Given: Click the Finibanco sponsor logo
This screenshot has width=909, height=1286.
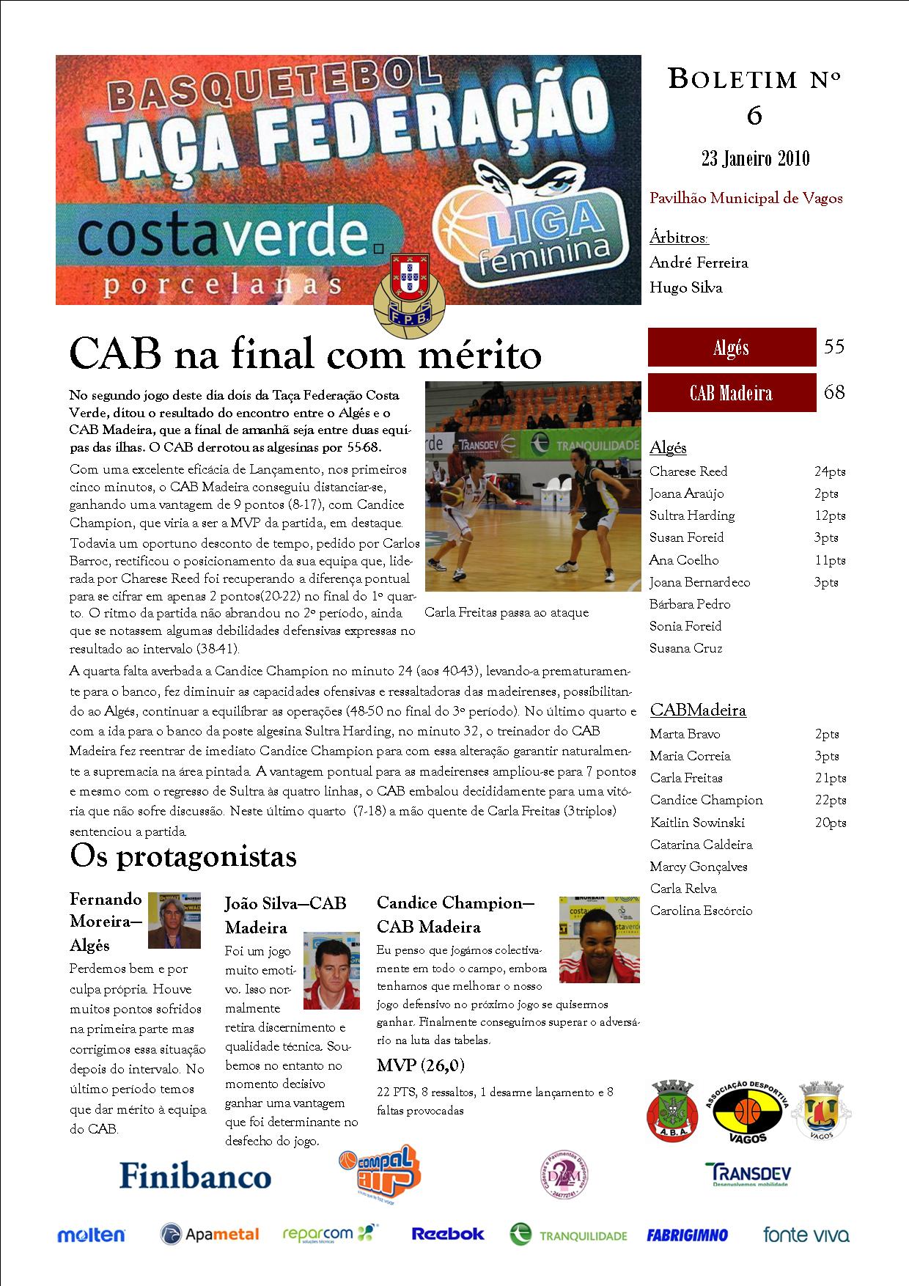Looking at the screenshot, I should click(x=195, y=1177).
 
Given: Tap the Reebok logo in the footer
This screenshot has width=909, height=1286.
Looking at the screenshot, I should click(x=447, y=1234).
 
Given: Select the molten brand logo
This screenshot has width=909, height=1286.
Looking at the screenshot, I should click(x=92, y=1235).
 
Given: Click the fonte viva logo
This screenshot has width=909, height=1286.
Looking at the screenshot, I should click(x=806, y=1235).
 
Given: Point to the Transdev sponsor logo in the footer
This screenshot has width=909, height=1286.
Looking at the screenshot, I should click(x=748, y=1175).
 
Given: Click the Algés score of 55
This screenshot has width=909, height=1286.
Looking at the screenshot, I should click(x=834, y=347).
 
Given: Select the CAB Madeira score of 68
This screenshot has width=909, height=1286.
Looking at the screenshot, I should click(x=834, y=392).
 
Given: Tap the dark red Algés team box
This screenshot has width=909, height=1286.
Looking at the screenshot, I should click(x=732, y=348).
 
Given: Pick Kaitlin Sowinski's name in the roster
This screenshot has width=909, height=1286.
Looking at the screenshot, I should click(x=697, y=823).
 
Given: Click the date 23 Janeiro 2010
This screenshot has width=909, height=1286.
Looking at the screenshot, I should click(x=755, y=158).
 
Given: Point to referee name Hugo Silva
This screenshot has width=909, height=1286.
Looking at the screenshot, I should click(x=685, y=287).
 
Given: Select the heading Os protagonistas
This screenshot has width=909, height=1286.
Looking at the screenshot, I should click(x=183, y=856).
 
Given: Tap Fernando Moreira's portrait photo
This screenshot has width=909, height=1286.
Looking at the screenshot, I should click(x=174, y=920).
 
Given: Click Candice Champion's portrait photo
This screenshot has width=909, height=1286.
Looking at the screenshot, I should click(x=599, y=939).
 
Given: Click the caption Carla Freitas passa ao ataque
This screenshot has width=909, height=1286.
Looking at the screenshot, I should click(x=507, y=612).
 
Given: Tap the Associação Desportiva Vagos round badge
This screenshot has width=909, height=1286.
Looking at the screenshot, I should click(x=748, y=1112).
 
